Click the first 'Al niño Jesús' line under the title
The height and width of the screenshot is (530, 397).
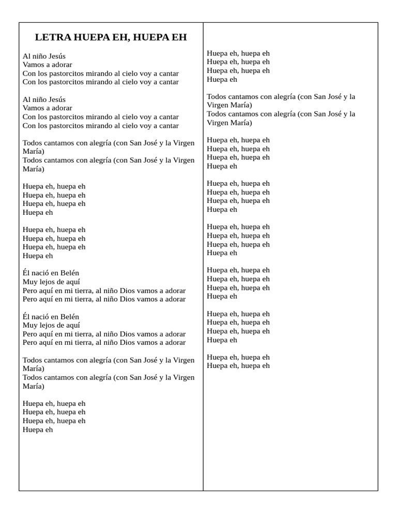[44, 56]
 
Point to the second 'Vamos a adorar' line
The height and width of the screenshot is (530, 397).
[47, 108]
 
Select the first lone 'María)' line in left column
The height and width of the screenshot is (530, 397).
[34, 152]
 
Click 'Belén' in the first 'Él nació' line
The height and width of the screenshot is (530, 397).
[70, 273]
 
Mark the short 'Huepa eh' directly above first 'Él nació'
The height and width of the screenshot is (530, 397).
[38, 256]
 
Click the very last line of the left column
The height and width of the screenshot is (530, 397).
[38, 430]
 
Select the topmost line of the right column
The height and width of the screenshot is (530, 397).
[238, 53]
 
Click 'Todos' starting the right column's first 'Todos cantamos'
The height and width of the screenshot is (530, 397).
[217, 97]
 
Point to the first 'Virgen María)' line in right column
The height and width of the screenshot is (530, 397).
[230, 105]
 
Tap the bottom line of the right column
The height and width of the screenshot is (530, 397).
[238, 366]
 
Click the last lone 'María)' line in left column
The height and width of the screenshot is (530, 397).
[34, 386]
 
